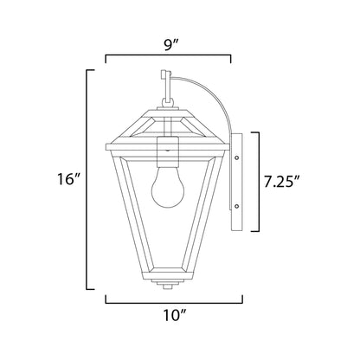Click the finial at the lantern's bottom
tap(167, 284)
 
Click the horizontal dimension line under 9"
tap(168, 58)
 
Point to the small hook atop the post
tap(167, 75)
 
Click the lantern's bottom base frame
tap(167, 273)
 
